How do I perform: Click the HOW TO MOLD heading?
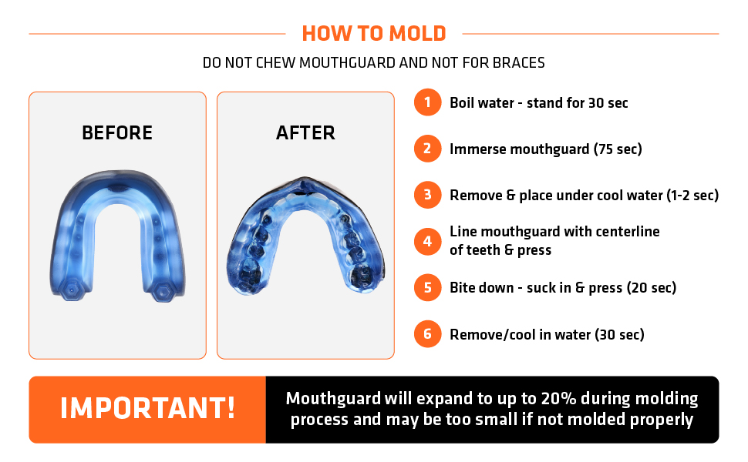(x=374, y=34)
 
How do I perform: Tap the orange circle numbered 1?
(x=427, y=103)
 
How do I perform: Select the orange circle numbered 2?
(x=427, y=149)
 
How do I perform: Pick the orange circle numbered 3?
(x=427, y=195)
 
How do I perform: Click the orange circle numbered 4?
(x=427, y=241)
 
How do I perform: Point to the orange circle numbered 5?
(x=427, y=288)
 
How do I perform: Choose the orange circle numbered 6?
(x=427, y=334)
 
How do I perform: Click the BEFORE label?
(x=117, y=133)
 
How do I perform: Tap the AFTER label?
(x=305, y=133)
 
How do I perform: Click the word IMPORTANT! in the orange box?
(x=147, y=409)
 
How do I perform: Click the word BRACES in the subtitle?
(x=521, y=62)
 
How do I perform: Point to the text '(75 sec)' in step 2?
(x=618, y=149)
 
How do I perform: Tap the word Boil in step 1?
(x=463, y=103)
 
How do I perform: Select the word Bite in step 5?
(x=463, y=288)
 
